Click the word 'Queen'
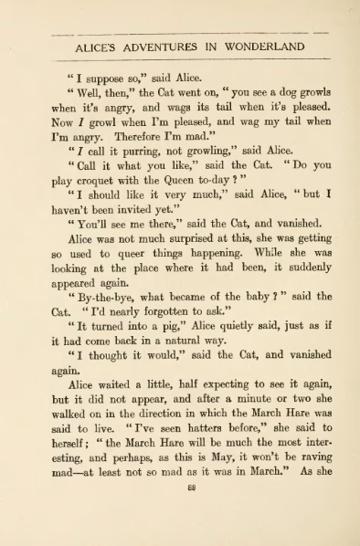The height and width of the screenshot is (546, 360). pyautogui.click(x=190, y=187)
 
